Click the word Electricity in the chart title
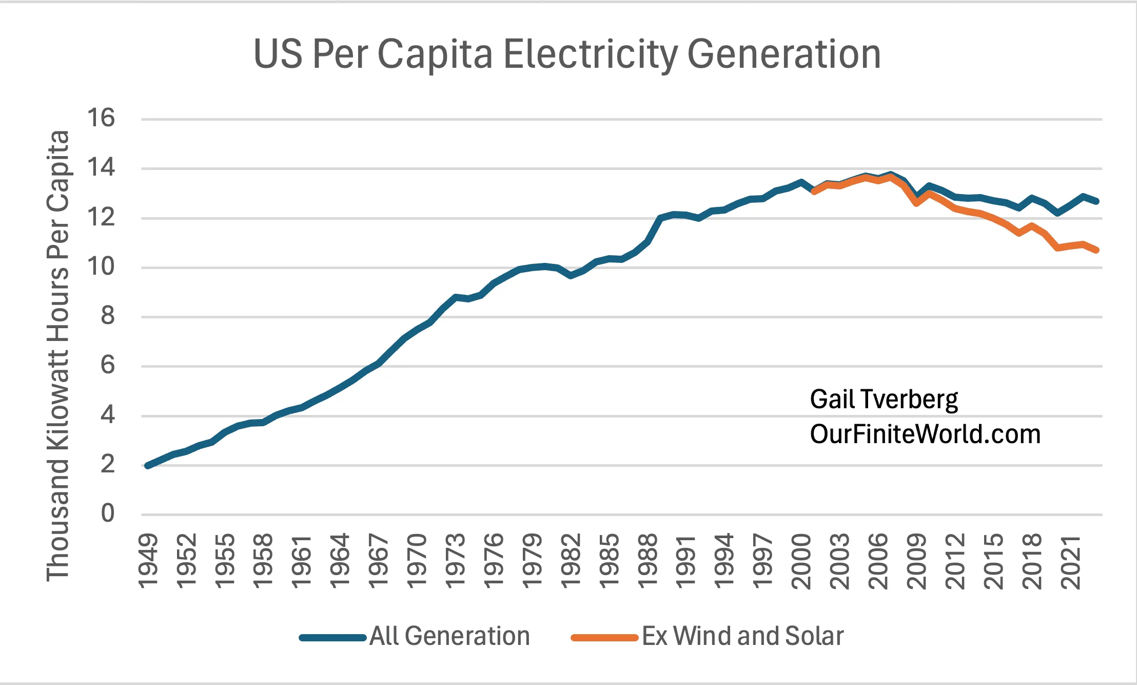tap(590, 54)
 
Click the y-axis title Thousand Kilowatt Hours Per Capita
tap(57, 356)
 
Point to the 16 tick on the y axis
tap(101, 118)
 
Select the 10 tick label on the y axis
tap(101, 267)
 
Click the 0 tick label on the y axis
tap(107, 513)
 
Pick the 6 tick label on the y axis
tap(107, 365)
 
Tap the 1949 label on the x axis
tap(148, 561)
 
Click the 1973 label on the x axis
tap(455, 561)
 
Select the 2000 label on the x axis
tap(801, 561)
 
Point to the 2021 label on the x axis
tap(1070, 561)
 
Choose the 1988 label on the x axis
tap(648, 561)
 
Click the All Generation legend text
tap(449, 636)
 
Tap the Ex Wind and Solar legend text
tap(742, 636)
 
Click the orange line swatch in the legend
tap(604, 638)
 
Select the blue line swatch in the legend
tap(332, 638)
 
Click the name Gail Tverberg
tap(884, 399)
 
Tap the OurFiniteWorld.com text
tap(925, 434)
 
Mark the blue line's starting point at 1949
tap(148, 465)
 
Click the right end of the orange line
tap(1096, 250)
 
